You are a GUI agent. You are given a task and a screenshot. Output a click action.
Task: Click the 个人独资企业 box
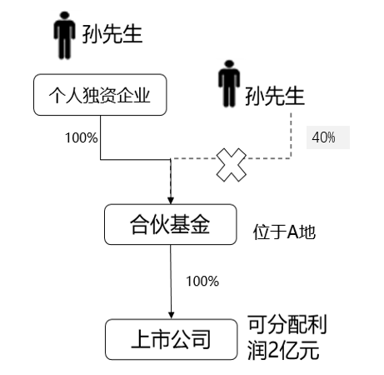100,95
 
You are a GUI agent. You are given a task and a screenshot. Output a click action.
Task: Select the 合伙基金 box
171,224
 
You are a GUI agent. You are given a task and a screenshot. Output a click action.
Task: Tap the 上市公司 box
171,339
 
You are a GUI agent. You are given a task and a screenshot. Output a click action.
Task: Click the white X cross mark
232,165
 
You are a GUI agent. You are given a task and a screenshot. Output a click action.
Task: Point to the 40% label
323,137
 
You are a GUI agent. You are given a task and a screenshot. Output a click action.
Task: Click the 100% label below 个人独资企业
82,137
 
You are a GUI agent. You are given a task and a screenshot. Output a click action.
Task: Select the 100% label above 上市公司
202,282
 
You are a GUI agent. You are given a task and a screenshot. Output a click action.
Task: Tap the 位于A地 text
284,232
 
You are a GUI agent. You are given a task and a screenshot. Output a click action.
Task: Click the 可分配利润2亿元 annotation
287,337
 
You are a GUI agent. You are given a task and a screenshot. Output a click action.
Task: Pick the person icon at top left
64,35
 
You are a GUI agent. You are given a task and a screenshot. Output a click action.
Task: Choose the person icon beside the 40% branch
229,83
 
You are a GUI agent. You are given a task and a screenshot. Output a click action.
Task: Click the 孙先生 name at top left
112,34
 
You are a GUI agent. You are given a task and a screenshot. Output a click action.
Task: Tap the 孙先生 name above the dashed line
275,96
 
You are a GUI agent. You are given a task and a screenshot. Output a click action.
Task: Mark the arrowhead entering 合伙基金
171,200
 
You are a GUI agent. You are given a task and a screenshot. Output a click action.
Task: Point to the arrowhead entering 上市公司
172,315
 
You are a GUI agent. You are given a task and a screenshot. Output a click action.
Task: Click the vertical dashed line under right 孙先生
291,136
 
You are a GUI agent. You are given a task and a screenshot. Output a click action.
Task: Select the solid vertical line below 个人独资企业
101,137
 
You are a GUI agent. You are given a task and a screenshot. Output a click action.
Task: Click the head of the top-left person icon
64,16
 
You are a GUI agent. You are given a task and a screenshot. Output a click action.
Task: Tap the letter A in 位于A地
292,232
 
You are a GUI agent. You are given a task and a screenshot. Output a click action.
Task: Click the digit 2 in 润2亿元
274,351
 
